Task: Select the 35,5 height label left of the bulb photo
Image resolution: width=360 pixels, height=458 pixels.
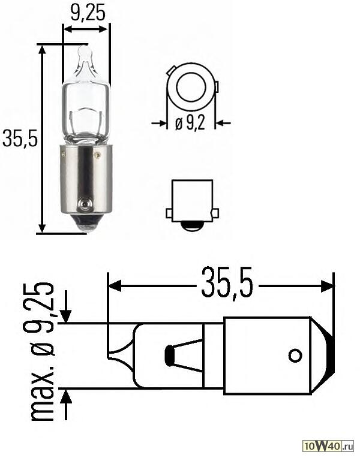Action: pos(20,138)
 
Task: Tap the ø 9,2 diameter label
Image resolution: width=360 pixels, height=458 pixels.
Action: pos(190,123)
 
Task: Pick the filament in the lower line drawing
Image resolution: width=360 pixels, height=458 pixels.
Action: pos(170,355)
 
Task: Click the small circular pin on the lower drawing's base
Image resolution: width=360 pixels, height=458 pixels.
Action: pos(295,355)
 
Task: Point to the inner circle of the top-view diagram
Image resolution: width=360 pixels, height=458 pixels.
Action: pos(190,87)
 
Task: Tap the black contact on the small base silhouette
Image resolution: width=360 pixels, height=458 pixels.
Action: pos(191,226)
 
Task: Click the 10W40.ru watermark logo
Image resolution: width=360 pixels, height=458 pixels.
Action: pos(328,447)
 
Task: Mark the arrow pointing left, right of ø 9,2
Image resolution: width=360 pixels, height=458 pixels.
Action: pos(222,123)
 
